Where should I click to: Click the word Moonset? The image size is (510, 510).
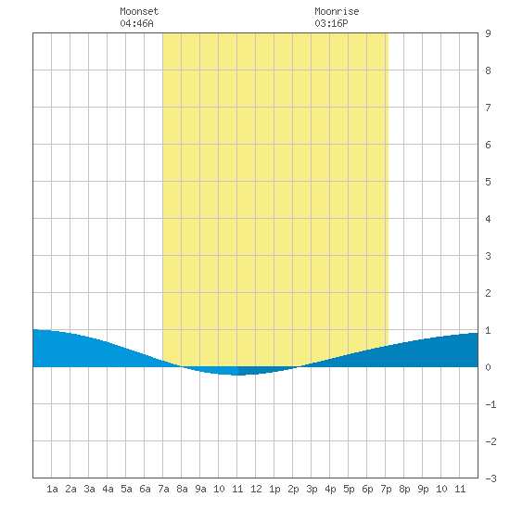[x=139, y=11]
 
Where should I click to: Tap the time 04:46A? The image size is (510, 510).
[x=136, y=23]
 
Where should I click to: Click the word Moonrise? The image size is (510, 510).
[x=337, y=11]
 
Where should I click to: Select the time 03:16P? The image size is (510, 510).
[x=331, y=23]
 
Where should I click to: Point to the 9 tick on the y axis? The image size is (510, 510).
[x=488, y=33]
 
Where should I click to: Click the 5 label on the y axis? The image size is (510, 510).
[x=488, y=182]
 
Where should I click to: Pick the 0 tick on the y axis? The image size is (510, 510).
[x=488, y=367]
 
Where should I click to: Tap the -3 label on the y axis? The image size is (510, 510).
[x=491, y=478]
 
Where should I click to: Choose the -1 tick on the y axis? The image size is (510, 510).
[x=491, y=404]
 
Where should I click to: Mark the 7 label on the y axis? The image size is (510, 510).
[x=488, y=108]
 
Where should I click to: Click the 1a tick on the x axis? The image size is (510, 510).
[x=52, y=489]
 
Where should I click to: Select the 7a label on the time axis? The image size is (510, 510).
[x=163, y=489]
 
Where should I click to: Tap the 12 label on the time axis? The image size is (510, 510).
[x=256, y=489]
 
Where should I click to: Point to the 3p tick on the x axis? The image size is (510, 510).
[x=312, y=489]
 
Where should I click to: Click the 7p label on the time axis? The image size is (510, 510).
[x=386, y=489]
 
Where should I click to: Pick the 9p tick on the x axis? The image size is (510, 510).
[x=423, y=489]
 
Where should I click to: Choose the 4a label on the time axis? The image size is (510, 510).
[x=108, y=489]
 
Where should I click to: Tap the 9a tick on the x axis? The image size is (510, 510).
[x=200, y=489]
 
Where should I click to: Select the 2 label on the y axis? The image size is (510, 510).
[x=488, y=293]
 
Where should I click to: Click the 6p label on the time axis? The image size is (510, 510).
[x=367, y=489]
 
